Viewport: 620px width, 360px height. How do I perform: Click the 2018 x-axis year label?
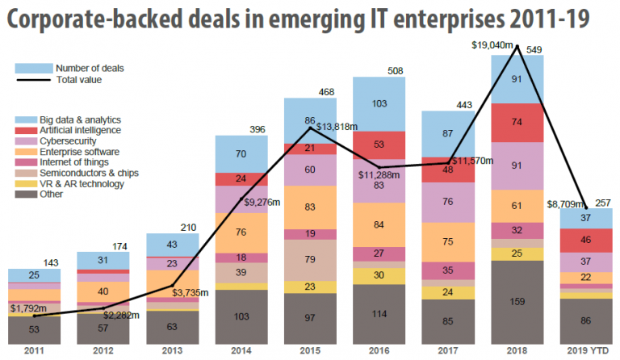coord(517,350)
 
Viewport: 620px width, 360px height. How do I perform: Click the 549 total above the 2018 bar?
coord(534,50)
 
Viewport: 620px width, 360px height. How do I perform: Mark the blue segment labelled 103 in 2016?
coord(379,105)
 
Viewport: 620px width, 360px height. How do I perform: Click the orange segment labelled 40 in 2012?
coord(102,291)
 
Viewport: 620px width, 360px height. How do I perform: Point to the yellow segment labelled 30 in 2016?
coord(379,275)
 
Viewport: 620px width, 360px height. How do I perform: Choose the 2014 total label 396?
coord(258,129)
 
